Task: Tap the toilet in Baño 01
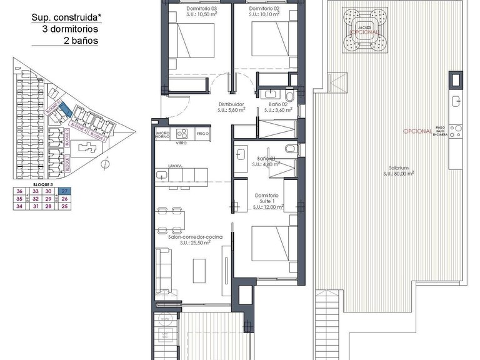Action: point(289,149)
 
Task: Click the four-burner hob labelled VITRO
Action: point(182,134)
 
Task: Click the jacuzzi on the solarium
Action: point(364,31)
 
